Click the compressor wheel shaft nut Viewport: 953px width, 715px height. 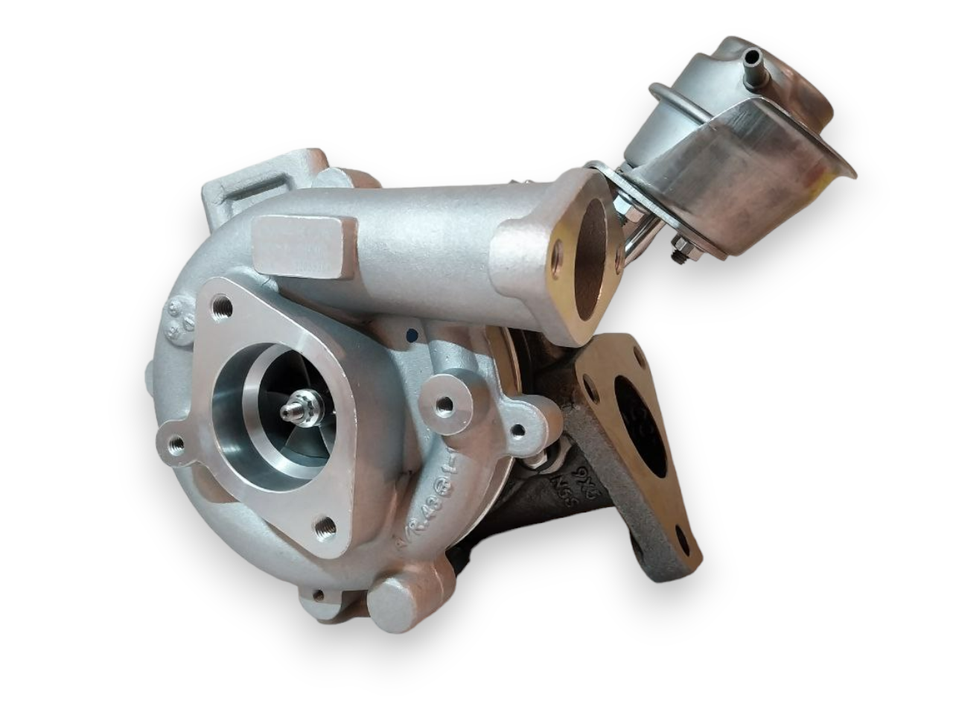pos(300,411)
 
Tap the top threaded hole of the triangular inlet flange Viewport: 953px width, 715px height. pos(221,305)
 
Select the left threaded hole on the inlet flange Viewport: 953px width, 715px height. pos(176,445)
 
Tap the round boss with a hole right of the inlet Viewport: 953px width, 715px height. pos(444,405)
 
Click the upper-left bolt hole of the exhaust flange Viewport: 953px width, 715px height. pos(590,387)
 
